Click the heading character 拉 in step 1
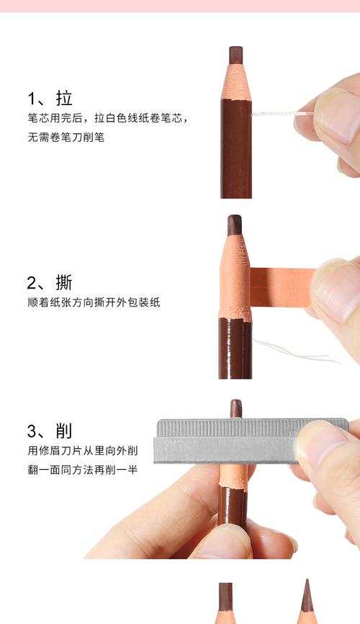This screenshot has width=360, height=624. (64, 99)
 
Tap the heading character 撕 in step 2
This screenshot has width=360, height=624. (64, 282)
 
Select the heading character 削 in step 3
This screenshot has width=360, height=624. (64, 430)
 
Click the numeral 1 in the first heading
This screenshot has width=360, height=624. (32, 99)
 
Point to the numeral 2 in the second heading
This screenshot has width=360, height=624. (32, 282)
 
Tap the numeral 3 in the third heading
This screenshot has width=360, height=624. (32, 430)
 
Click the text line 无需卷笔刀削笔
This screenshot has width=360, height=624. (66, 136)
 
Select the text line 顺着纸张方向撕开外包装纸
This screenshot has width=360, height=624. (94, 302)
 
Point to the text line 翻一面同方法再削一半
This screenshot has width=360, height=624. (83, 470)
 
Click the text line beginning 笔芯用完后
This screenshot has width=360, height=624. (108, 117)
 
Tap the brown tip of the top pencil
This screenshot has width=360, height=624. (235, 55)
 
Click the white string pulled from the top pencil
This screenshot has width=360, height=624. (277, 114)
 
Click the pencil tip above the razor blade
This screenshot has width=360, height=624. (235, 408)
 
